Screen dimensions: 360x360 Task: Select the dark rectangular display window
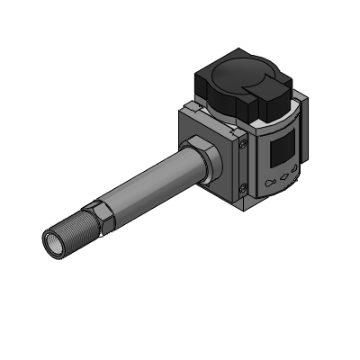[286, 148]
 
